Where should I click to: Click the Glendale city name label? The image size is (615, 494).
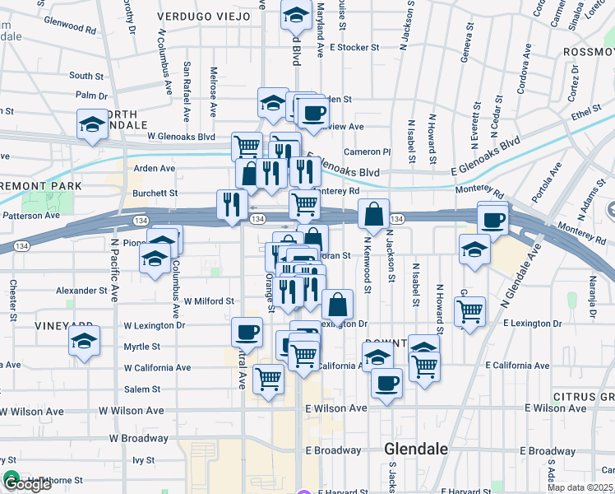417,450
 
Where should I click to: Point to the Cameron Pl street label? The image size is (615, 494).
367,151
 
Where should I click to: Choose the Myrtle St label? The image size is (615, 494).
141,347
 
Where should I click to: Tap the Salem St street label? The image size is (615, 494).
141,389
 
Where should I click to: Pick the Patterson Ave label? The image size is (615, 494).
30,216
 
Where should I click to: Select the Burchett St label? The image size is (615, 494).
155,193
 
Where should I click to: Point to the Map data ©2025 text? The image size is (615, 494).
580,487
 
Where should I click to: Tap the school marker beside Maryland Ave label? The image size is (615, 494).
295,15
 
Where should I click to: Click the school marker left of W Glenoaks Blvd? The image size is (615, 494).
92,125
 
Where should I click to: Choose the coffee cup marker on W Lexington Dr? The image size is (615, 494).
247,333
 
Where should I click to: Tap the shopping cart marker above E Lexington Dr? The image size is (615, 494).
469,311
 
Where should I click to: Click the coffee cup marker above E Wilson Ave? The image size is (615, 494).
386,382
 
